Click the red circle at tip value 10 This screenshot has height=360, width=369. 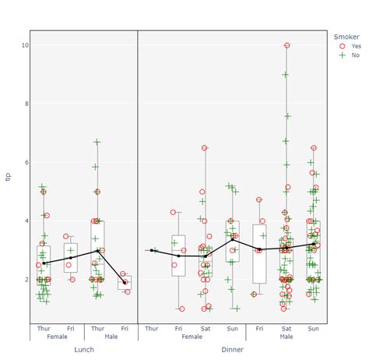pyautogui.click(x=286, y=45)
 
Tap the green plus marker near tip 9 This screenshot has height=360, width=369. pyautogui.click(x=286, y=75)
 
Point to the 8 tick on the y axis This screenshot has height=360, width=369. pyautogui.click(x=25, y=104)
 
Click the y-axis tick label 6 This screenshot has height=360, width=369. pyautogui.click(x=25, y=162)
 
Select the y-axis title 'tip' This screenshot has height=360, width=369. pyautogui.click(x=7, y=177)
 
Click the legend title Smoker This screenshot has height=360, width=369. pyautogui.click(x=346, y=36)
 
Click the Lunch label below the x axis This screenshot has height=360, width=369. pyautogui.click(x=84, y=349)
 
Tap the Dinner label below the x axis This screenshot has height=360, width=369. pyautogui.click(x=232, y=349)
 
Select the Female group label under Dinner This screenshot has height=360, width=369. pyautogui.click(x=192, y=337)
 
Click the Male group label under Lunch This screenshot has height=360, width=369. pyautogui.click(x=111, y=337)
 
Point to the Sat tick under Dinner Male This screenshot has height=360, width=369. pyautogui.click(x=286, y=329)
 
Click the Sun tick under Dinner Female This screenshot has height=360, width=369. pyautogui.click(x=232, y=329)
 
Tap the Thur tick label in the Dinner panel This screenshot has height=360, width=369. pyautogui.click(x=151, y=329)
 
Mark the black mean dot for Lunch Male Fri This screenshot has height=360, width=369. pyautogui.click(x=125, y=282)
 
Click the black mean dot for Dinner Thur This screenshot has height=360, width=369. pyautogui.click(x=151, y=250)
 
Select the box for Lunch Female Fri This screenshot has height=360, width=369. pyautogui.click(x=71, y=257)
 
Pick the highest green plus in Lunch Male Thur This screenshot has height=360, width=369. pyautogui.click(x=97, y=142)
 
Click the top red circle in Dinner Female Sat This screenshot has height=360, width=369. pyautogui.click(x=205, y=147)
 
